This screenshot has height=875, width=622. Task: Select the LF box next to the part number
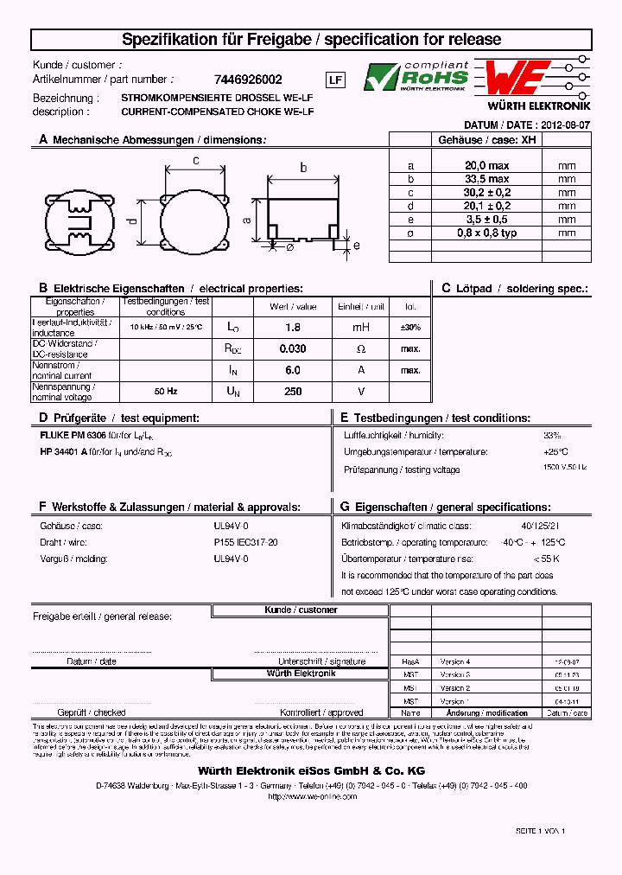(336, 80)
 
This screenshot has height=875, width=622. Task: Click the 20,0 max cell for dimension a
(486, 165)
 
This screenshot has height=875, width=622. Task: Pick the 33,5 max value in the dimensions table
(486, 179)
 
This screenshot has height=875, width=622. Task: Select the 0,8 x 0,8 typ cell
(486, 233)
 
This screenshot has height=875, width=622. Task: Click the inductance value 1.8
(293, 327)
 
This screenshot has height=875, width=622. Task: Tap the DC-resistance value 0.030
(293, 348)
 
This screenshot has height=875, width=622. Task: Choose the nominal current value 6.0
(293, 370)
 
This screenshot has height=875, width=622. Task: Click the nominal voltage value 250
(293, 392)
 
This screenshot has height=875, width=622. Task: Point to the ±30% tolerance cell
(409, 327)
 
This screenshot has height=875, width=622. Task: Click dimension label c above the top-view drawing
(196, 160)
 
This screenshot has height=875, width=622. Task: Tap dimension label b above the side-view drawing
(303, 168)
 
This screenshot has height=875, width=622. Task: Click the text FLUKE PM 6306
(73, 437)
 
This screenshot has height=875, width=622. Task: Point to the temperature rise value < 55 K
(546, 559)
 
